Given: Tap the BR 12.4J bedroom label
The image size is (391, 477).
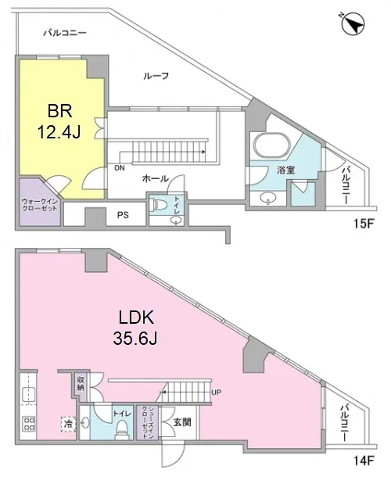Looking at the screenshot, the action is (x=59, y=122).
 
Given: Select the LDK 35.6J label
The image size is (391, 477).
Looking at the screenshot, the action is (x=135, y=329).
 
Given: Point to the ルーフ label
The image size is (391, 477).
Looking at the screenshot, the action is (x=156, y=76).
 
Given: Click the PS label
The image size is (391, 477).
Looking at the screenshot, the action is (x=123, y=215).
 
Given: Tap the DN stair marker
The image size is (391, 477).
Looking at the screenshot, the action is (x=120, y=168).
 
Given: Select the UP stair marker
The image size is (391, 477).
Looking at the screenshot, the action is (x=216, y=393).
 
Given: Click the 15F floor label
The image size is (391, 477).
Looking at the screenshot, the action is (x=364, y=224).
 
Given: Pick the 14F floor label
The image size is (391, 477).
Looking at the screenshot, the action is (x=364, y=461).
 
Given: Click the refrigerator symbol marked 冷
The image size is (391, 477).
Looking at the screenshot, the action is (x=69, y=424).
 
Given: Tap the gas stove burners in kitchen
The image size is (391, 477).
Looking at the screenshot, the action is (x=28, y=424).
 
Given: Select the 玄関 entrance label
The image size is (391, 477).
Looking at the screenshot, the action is (x=182, y=422).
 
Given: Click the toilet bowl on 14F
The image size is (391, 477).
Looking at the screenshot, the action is (x=123, y=429).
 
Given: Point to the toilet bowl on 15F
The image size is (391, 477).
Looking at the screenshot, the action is (x=159, y=204).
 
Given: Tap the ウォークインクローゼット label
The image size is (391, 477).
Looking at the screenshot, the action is (x=40, y=205).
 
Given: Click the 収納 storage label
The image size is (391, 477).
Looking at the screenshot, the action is (x=81, y=384).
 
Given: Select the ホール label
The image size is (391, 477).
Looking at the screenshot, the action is (x=155, y=179).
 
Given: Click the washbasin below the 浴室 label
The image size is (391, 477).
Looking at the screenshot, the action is (x=268, y=198).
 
